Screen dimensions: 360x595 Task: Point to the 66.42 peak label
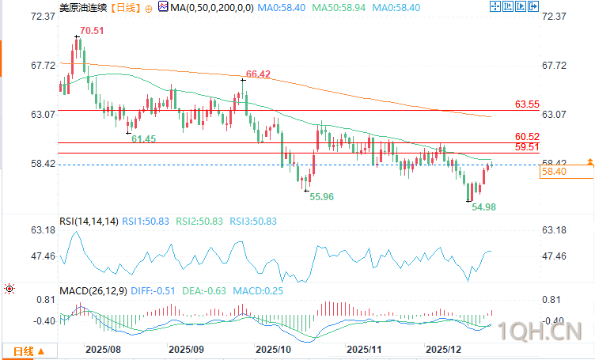[259, 74]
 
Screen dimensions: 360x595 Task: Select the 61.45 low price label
[143, 138]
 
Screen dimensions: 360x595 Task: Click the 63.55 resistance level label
[527, 104]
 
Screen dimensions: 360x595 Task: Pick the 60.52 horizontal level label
[527, 136]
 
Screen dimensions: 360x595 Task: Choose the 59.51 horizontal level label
[527, 146]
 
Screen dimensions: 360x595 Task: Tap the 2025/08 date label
[104, 348]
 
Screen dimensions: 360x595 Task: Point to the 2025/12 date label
[444, 348]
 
